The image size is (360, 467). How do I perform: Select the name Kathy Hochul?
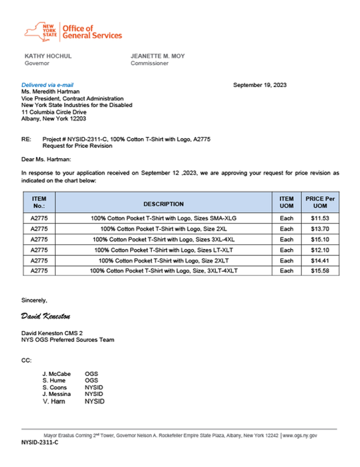[48, 56]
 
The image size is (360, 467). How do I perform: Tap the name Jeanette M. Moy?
[157, 56]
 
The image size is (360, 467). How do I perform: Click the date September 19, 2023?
[260, 85]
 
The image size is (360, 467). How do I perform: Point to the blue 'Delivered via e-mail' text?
[47, 85]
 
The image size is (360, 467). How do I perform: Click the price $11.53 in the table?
[320, 218]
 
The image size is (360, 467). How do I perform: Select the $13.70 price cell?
[320, 229]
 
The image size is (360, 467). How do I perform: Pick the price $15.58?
[320, 271]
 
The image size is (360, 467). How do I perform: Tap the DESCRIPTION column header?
[163, 204]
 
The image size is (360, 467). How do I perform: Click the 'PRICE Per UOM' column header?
[320, 202]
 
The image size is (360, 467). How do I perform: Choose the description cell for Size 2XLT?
[163, 261]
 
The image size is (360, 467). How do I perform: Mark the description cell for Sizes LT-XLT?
[163, 250]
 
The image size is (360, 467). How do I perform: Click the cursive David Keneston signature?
[46, 317]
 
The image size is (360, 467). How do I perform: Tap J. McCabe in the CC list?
[56, 374]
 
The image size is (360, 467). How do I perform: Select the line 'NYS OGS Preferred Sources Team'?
[68, 340]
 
